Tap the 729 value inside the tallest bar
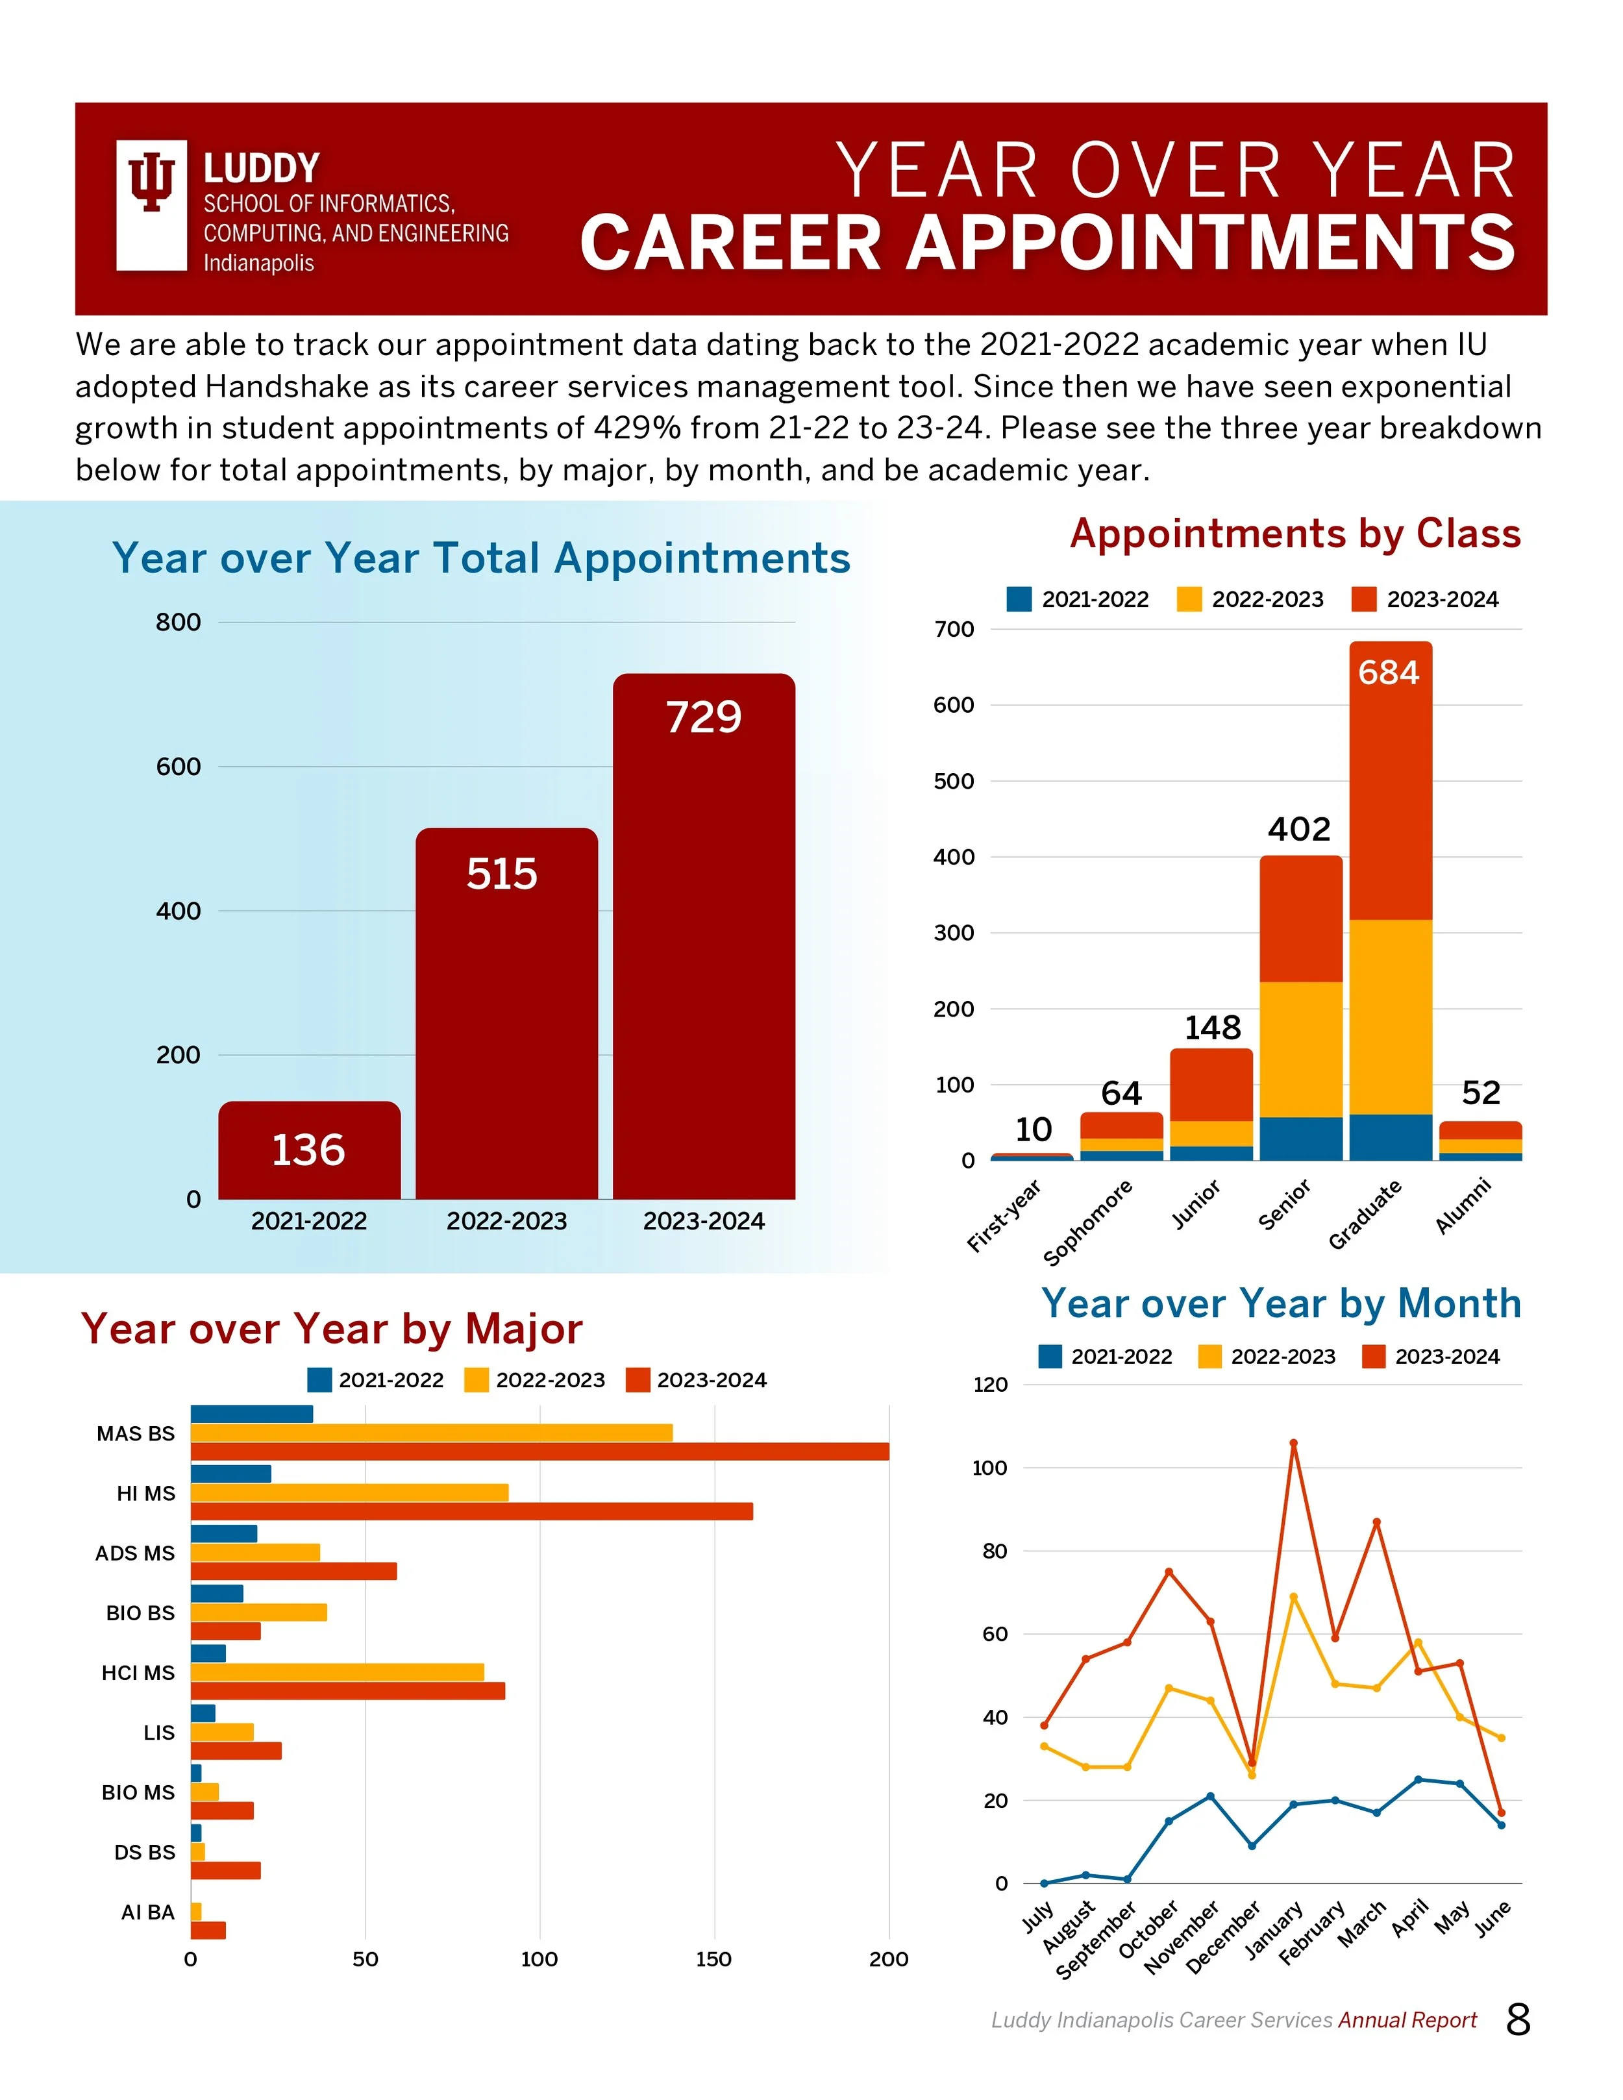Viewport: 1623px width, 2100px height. click(704, 717)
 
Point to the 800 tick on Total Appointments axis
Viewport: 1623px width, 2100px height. click(179, 622)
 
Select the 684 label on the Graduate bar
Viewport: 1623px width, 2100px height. click(1389, 672)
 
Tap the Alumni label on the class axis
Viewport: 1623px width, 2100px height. click(1463, 1205)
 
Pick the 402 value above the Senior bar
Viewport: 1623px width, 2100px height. click(1299, 829)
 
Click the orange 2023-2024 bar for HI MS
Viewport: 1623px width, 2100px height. click(471, 1511)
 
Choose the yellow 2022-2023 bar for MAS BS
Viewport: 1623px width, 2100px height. click(431, 1433)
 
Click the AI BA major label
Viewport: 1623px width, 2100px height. click(148, 1912)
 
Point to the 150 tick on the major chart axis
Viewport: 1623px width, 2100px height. click(713, 1960)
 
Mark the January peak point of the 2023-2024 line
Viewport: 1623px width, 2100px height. click(1293, 1443)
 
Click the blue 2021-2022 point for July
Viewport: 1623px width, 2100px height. click(1044, 1884)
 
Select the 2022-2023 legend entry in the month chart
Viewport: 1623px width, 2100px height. click(1267, 1357)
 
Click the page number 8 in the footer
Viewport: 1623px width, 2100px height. click(1518, 2020)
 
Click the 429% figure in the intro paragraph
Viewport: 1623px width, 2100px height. click(636, 428)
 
